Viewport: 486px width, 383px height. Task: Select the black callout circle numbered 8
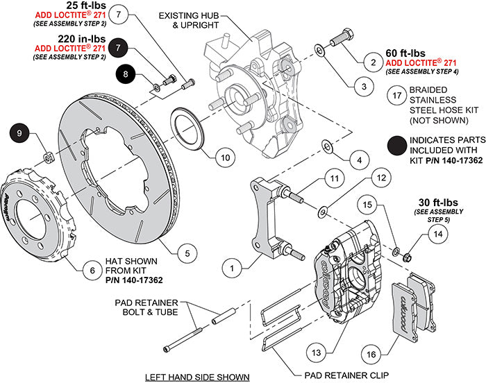pos(126,73)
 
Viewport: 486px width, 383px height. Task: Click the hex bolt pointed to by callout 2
pos(343,35)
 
